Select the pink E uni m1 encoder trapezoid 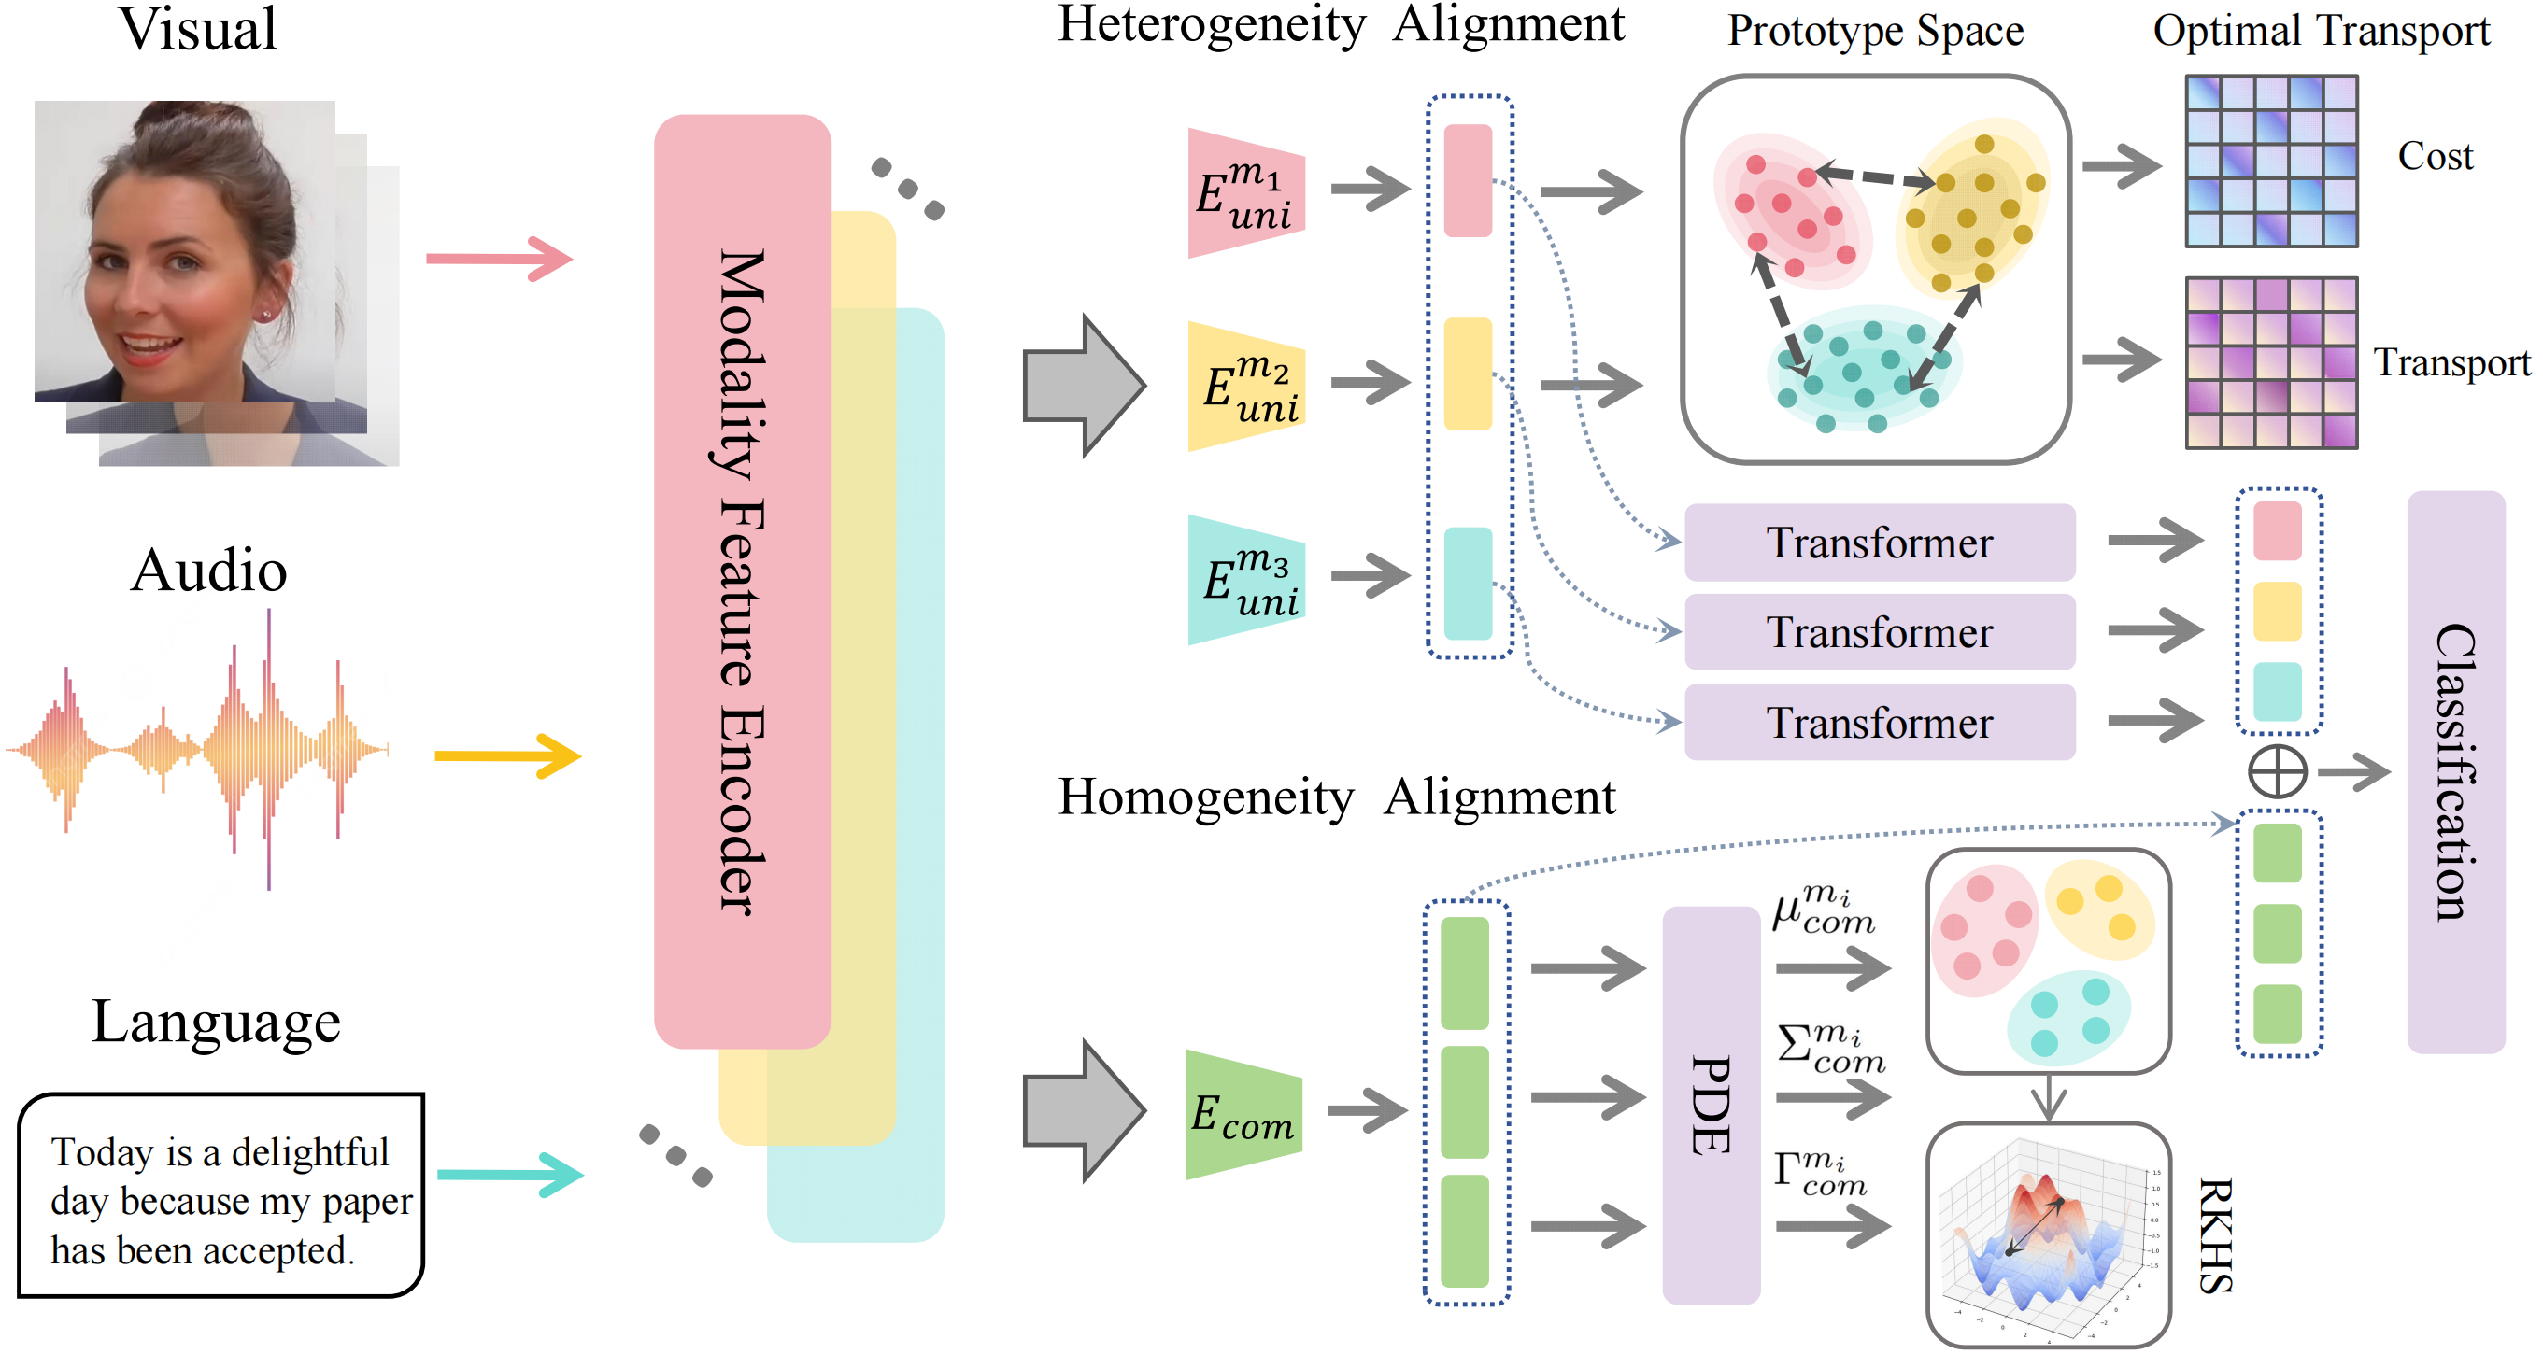1246,193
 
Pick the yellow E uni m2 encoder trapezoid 1246,387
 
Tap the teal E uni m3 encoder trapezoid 1246,580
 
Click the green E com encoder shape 1243,1115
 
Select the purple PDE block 1711,1106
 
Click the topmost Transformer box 1879,543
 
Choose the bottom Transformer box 1879,723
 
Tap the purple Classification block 2455,771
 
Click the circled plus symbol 2278,771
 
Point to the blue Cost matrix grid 2270,161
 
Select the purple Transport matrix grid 2270,363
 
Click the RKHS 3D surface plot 2048,1235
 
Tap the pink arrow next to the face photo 499,259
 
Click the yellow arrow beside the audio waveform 507,756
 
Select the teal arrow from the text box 509,1175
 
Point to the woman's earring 266,315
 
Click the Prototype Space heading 1875,32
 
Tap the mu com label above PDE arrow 1823,910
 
